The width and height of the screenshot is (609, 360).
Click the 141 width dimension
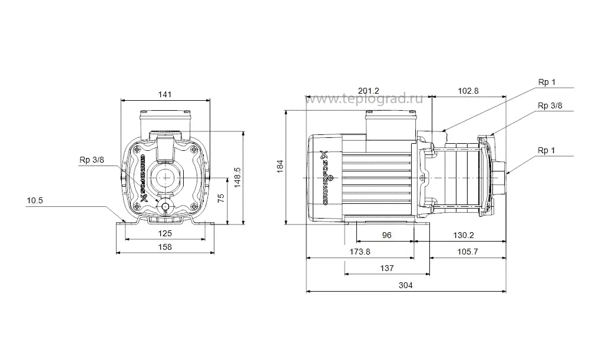tap(166, 94)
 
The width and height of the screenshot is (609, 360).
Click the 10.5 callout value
tap(35, 200)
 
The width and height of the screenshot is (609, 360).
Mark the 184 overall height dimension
tap(280, 167)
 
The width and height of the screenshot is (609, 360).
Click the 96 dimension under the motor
tap(387, 235)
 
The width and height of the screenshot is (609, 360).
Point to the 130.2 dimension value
tap(464, 235)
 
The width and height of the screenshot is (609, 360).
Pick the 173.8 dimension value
tap(360, 252)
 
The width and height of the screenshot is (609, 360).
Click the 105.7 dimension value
tap(468, 252)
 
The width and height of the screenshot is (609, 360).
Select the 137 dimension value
tap(386, 268)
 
